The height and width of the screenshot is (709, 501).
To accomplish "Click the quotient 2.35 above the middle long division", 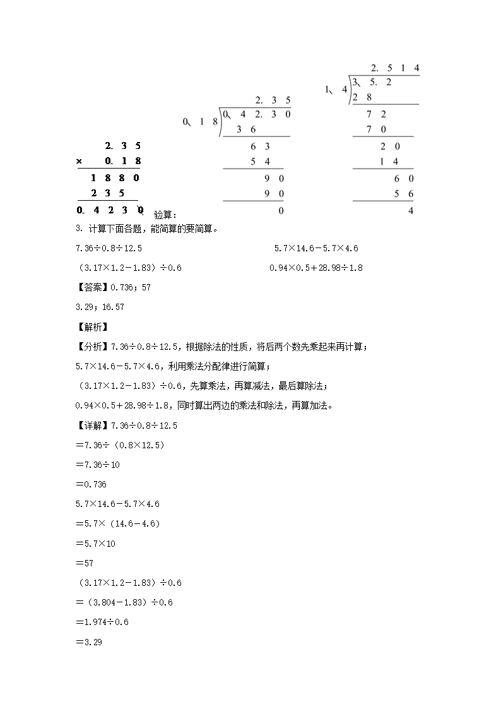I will coord(273,100).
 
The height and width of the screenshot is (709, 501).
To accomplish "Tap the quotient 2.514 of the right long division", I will coord(395,68).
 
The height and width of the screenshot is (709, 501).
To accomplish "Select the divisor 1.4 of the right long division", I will coord(336,89).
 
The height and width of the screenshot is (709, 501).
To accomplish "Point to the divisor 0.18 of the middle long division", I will coord(200,122).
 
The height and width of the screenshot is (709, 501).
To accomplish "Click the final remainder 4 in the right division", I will coord(411,211).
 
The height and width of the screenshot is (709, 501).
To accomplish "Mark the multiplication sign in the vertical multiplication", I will coord(80,161).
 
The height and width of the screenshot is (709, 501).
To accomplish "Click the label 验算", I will coord(165,215).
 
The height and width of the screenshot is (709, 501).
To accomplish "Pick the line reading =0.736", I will coord(91,484).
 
